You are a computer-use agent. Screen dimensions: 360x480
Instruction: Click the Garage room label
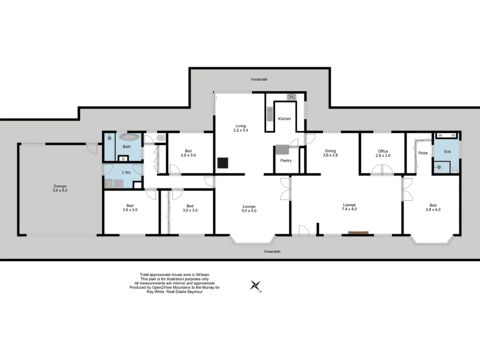tap(60, 188)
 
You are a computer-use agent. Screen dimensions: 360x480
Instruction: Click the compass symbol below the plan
tap(256, 286)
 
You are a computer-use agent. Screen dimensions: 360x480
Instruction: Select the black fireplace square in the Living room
tap(223, 163)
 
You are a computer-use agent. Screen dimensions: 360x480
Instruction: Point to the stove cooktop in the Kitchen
tap(292, 97)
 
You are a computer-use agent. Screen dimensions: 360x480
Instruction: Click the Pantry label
tap(286, 161)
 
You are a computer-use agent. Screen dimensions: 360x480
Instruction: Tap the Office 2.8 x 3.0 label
tap(383, 153)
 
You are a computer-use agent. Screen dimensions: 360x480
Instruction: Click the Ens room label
tap(447, 152)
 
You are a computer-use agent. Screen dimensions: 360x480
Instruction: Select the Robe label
tap(423, 153)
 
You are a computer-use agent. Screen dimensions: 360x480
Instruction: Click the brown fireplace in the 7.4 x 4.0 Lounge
tap(358, 233)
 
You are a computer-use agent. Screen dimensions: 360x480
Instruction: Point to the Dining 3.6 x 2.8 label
tap(330, 153)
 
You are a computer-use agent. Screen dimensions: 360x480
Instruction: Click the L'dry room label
tap(126, 172)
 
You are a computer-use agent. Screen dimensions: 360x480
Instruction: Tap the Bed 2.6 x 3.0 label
tap(188, 153)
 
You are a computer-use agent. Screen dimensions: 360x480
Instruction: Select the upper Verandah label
tap(259, 79)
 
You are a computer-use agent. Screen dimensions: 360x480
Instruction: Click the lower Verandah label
tap(272, 252)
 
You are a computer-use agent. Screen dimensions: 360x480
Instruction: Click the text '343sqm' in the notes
tap(202, 275)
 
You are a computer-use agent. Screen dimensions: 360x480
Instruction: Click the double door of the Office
tap(382, 170)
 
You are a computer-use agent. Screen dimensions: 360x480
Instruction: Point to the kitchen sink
tap(270, 113)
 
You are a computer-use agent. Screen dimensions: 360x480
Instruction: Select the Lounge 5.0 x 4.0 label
tap(249, 209)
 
